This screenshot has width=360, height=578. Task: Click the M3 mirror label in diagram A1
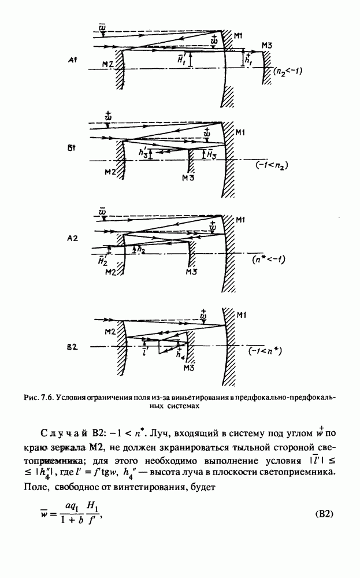(x=266, y=45)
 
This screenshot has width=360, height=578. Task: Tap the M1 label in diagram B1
(x=242, y=132)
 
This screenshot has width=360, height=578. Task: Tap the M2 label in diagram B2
(x=112, y=331)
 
